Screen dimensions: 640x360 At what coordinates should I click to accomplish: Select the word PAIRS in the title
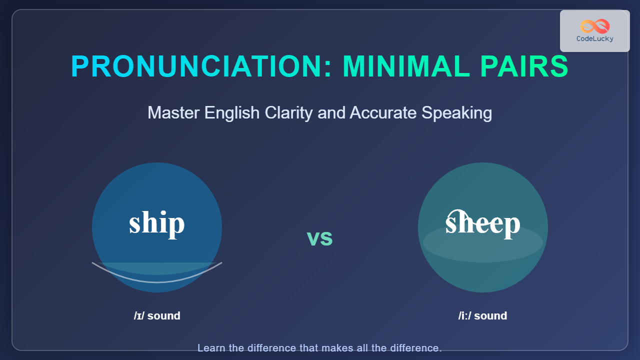coord(524,66)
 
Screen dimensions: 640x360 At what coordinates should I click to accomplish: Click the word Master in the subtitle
coord(173,112)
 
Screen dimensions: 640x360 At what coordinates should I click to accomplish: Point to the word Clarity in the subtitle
coord(288,113)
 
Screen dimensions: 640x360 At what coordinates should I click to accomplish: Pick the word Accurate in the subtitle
coord(383,112)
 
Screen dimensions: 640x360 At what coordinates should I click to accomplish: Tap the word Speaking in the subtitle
coord(456,113)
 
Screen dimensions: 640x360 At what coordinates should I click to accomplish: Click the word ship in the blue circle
coord(157,224)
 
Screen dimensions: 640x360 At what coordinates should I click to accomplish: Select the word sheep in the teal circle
coord(483,225)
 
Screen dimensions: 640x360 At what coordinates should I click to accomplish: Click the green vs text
coord(319,238)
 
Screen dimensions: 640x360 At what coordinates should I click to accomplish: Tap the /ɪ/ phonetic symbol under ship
coord(139,315)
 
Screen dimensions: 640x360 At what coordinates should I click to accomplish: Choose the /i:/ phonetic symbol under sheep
coord(465,315)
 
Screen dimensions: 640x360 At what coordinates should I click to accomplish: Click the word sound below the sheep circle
coord(491,315)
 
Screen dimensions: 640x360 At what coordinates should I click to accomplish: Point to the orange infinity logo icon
coord(595,26)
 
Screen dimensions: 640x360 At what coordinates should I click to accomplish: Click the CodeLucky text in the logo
coord(595,39)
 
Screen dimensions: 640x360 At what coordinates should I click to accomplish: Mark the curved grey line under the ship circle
coord(157,282)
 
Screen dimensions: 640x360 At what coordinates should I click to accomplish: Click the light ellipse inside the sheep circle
coord(483,243)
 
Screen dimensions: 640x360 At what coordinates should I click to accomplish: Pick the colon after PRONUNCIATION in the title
coord(327,69)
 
